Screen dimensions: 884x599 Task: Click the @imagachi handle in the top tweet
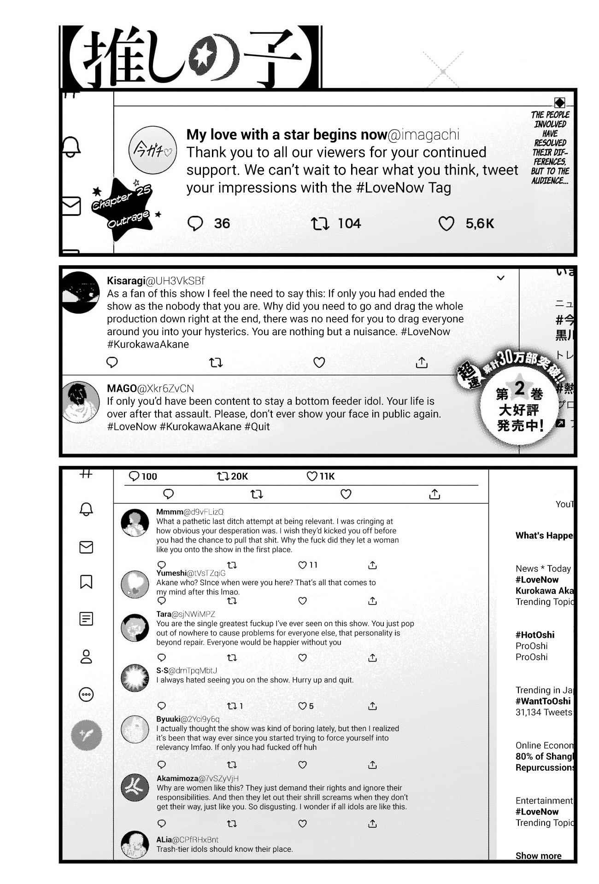pos(424,134)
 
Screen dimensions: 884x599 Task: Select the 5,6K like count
pos(479,224)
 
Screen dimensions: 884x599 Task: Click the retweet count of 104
pos(349,224)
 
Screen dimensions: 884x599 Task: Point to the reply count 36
pos(222,224)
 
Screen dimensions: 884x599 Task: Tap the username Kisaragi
pos(125,281)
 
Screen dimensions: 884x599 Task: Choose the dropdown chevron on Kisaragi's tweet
pos(501,278)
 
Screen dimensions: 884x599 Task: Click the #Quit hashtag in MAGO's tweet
pos(257,426)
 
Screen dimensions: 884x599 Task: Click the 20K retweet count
pos(239,477)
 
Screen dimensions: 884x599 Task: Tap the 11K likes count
pos(327,477)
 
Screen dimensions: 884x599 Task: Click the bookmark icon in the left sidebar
pos(86,582)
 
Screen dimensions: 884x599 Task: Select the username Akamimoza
pos(177,779)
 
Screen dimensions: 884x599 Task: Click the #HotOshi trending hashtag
pos(535,635)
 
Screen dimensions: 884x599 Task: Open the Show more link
pos(538,856)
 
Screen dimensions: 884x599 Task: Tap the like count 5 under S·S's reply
pos(311,706)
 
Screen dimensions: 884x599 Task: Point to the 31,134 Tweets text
pos(544,712)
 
